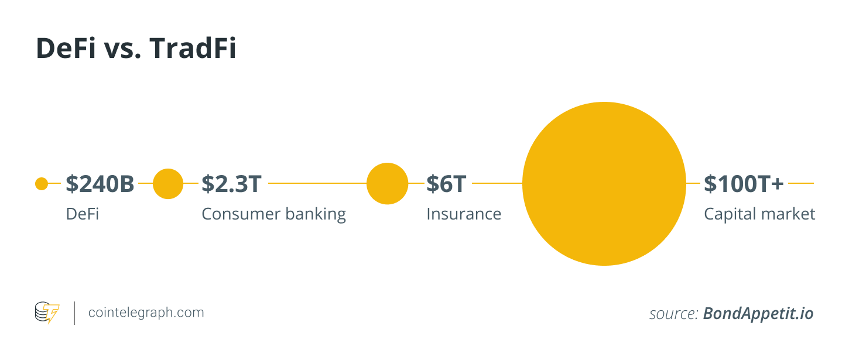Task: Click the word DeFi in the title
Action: pos(66,48)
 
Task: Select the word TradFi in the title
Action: pos(193,48)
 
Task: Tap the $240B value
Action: pos(100,184)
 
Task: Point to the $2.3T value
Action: pos(232,184)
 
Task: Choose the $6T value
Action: pos(446,184)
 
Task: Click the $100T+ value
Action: pos(744,184)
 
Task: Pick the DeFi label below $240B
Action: pos(82,214)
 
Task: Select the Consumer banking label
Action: pos(273,215)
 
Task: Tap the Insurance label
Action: pos(464,214)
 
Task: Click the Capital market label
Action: pos(759,215)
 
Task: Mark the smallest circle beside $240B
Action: pos(42,184)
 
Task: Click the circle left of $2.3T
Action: pos(168,184)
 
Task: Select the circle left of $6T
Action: pos(388,184)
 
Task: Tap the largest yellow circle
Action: pos(604,184)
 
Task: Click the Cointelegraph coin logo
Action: pos(47,313)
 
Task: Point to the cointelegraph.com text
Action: pos(146,313)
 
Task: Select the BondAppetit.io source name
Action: pos(758,314)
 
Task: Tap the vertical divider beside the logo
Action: pos(74,313)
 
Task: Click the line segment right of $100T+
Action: pos(801,183)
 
